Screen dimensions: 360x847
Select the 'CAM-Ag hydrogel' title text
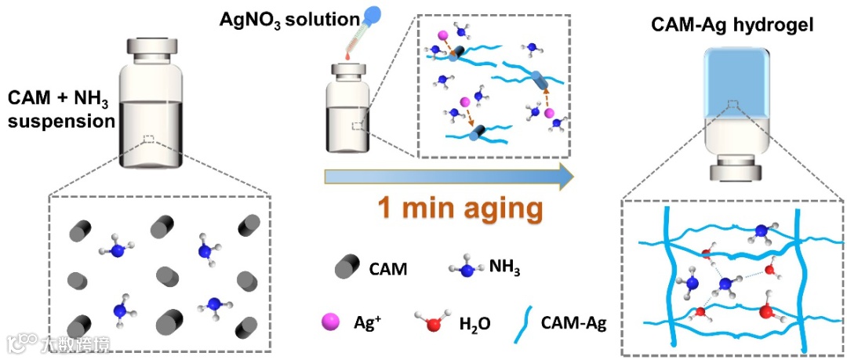(x=732, y=26)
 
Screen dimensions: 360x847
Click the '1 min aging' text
(x=460, y=209)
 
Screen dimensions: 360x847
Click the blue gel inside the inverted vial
(x=733, y=78)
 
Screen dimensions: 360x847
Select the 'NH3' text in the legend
(x=505, y=270)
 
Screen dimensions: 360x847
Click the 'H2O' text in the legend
(x=474, y=323)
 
